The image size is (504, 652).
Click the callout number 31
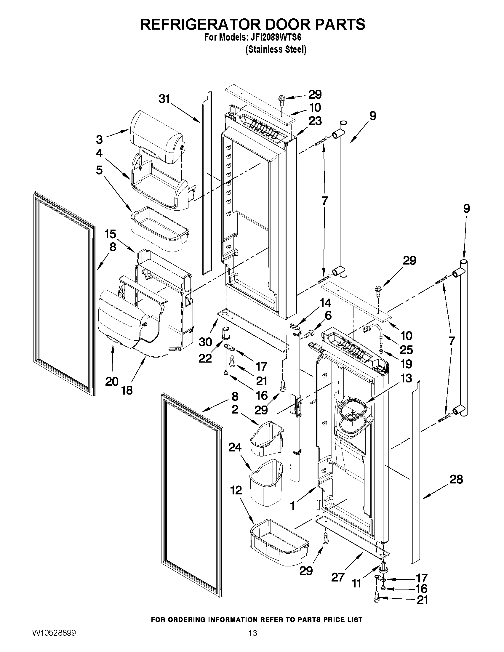point(164,99)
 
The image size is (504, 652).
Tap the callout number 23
point(315,121)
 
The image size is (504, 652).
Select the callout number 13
point(406,378)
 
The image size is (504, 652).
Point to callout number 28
point(456,480)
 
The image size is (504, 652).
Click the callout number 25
point(406,350)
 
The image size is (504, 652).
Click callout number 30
point(205,342)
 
